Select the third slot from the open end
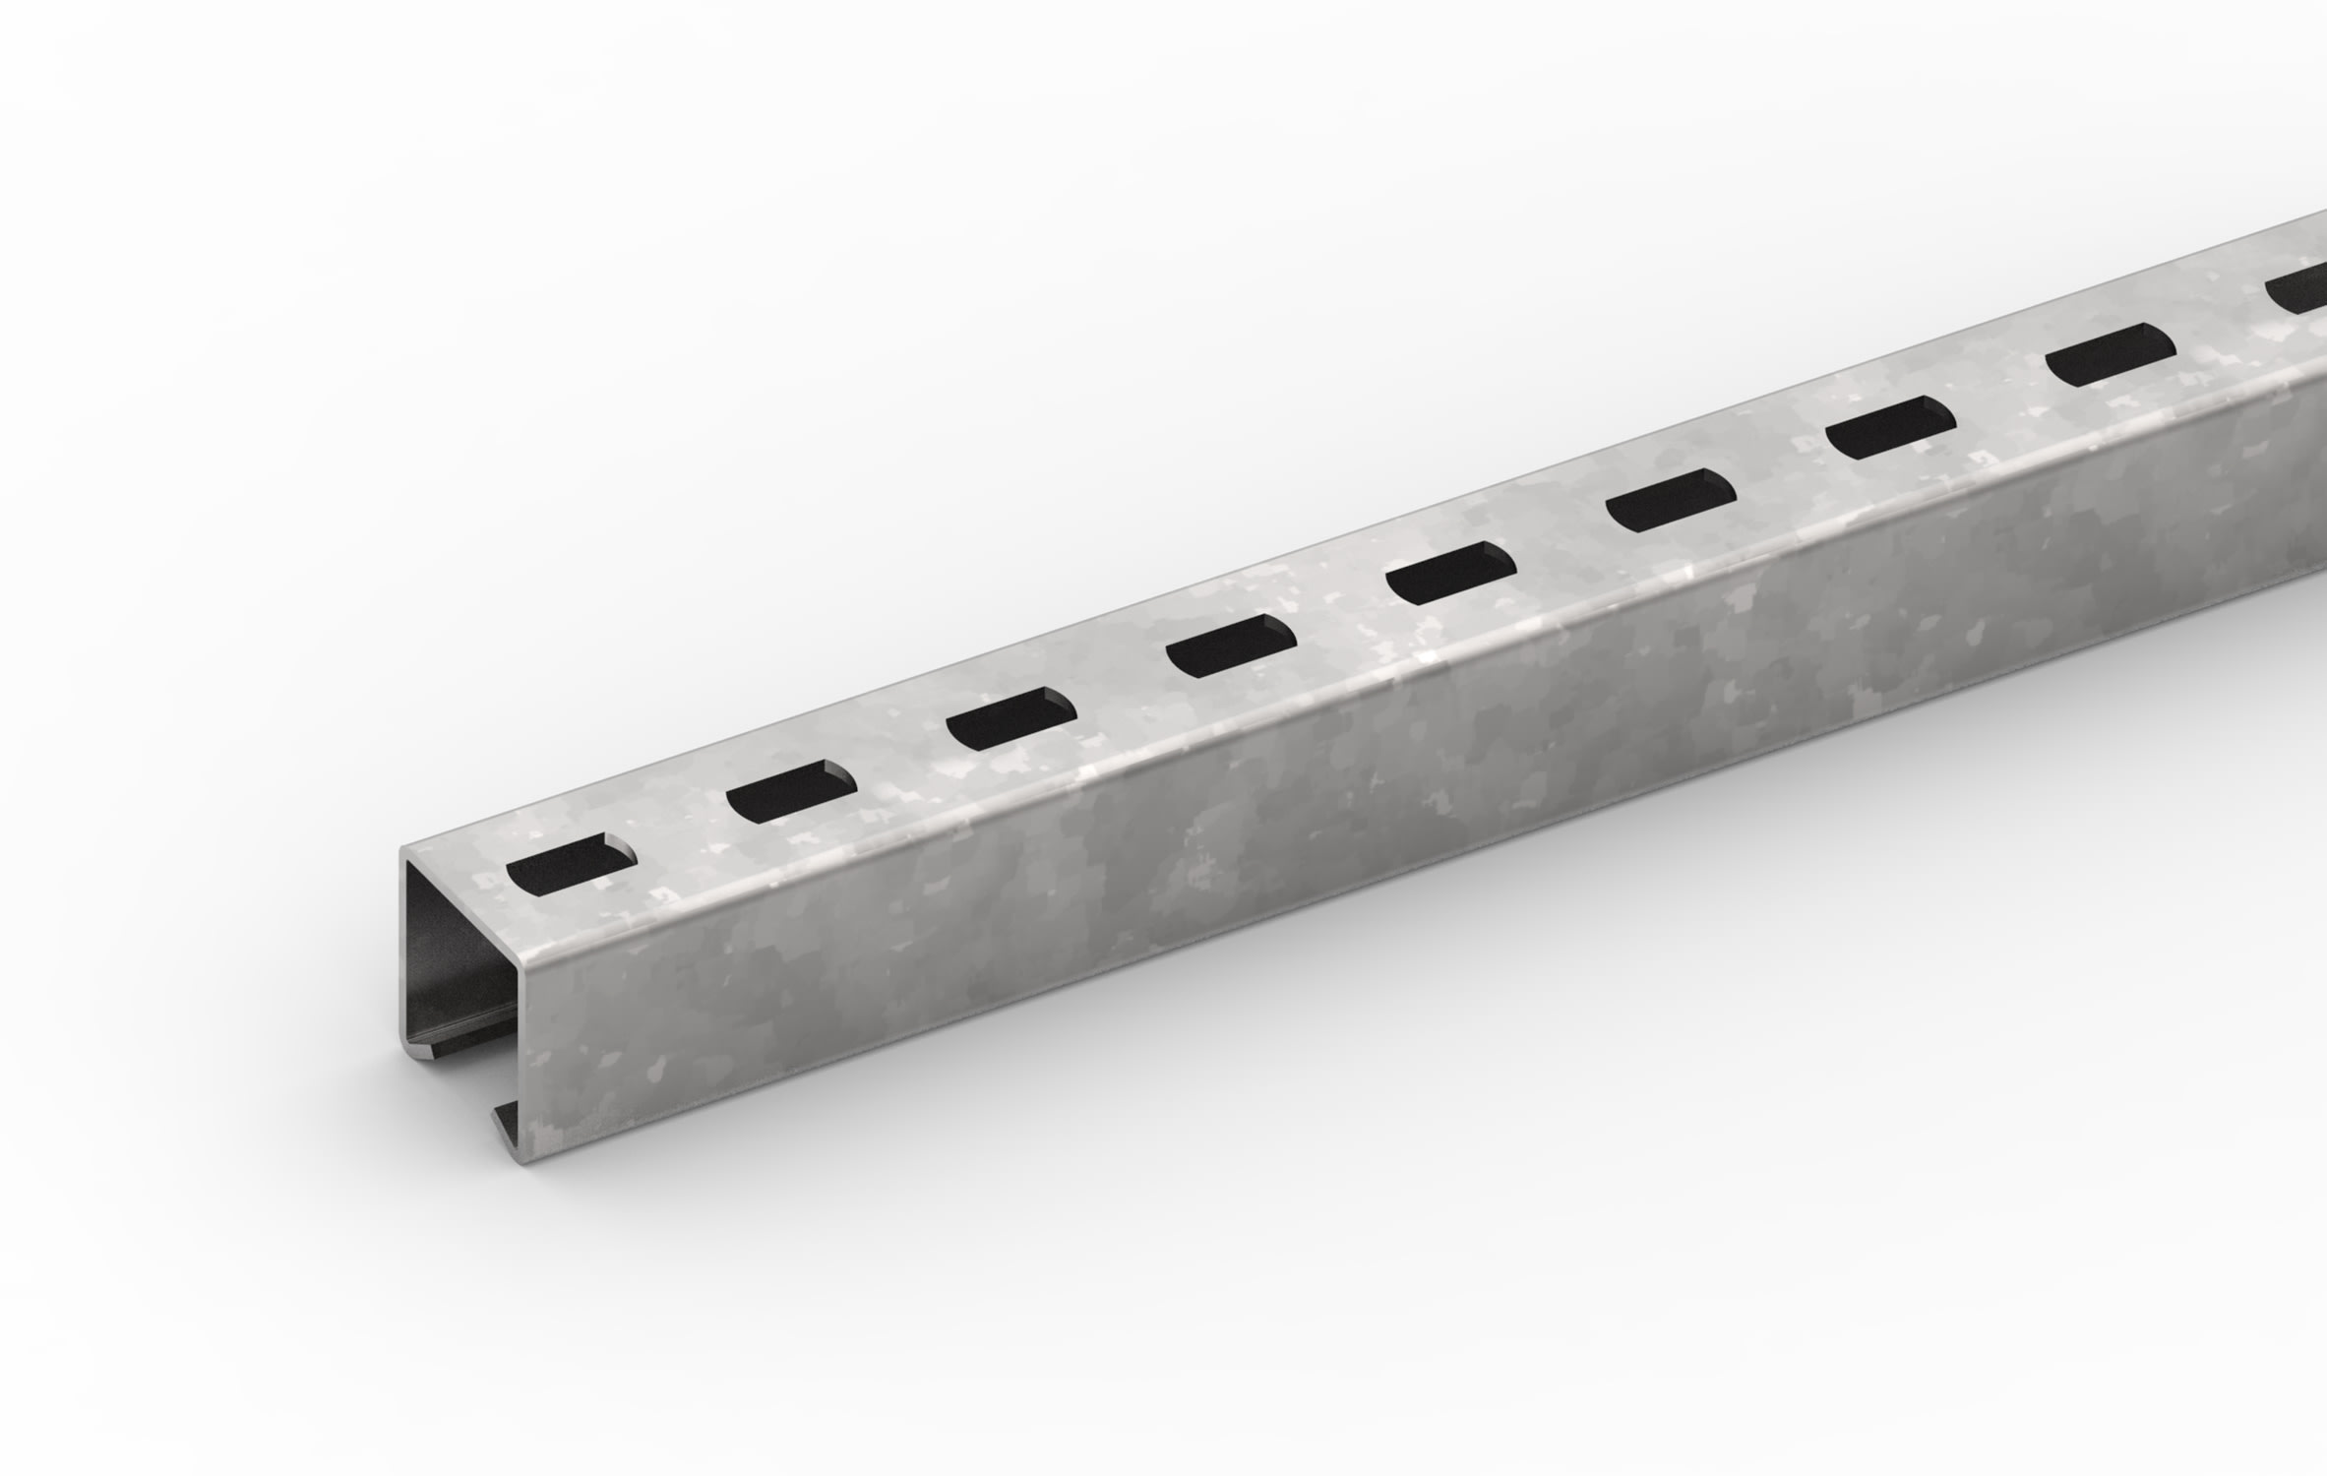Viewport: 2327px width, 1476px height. pyautogui.click(x=1010, y=718)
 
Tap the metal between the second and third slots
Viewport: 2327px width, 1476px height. pyautogui.click(x=901, y=756)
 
